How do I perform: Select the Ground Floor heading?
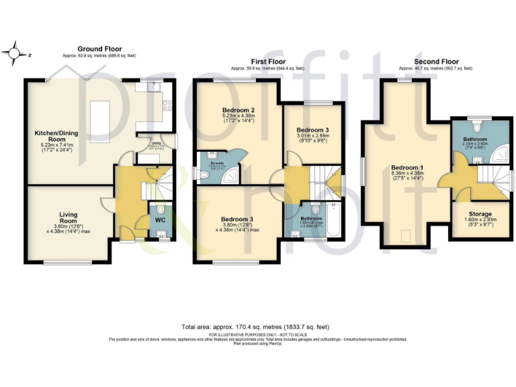click(99, 49)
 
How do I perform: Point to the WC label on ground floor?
click(160, 220)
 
